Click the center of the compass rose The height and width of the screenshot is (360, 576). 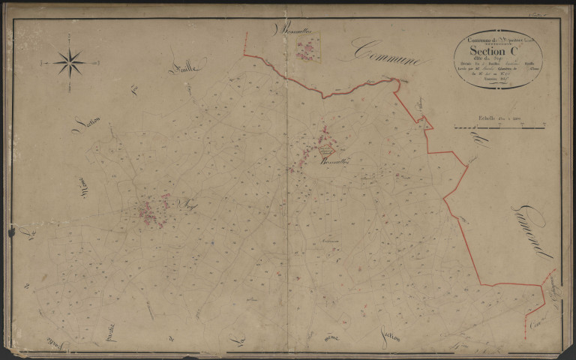[70, 63]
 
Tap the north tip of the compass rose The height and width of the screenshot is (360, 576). [70, 47]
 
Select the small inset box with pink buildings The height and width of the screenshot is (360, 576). [306, 51]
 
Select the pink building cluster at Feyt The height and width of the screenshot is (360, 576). [154, 211]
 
